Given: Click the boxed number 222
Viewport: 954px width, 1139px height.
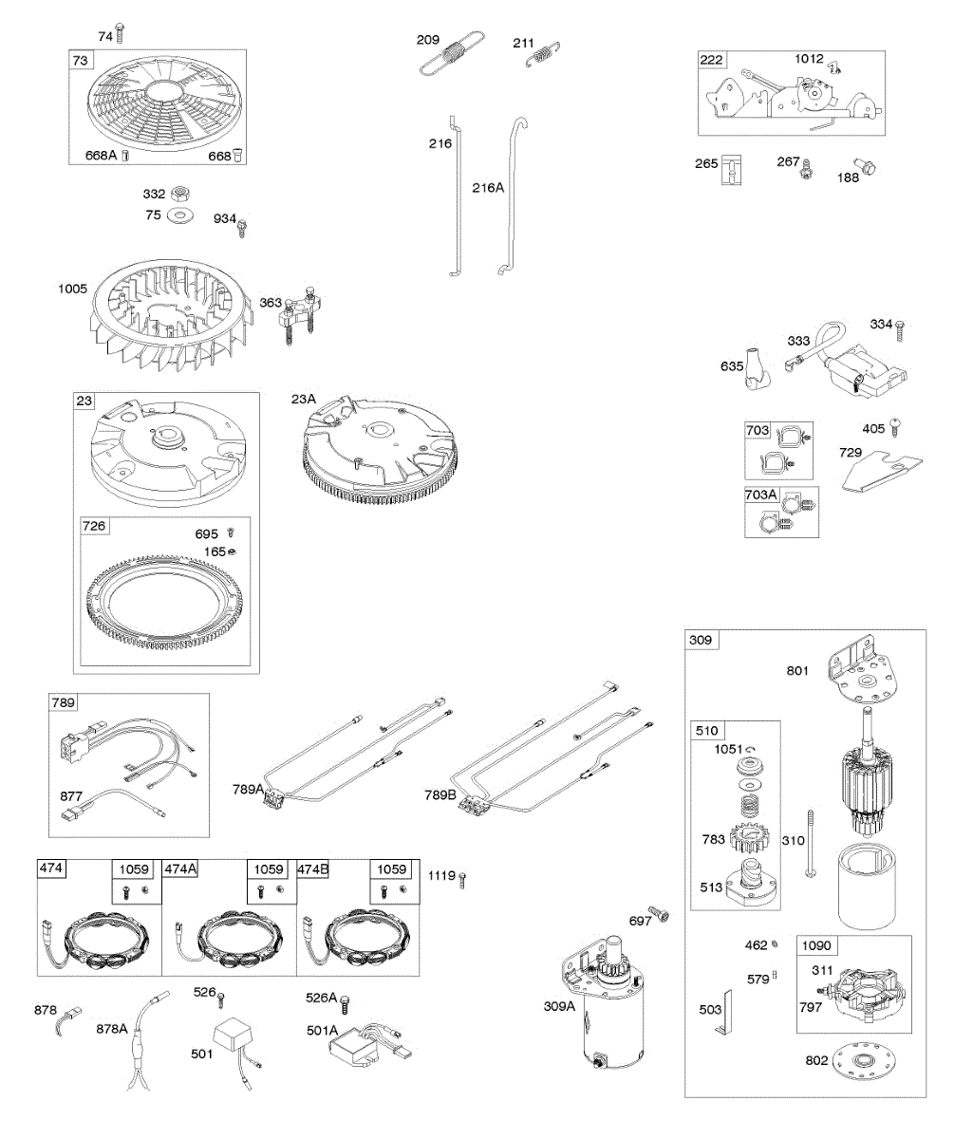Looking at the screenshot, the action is tap(711, 60).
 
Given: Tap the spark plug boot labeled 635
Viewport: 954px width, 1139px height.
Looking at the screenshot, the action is tap(758, 366).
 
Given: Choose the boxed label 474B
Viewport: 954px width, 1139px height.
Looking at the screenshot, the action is tap(315, 868).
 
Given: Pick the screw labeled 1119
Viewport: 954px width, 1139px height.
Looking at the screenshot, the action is tap(462, 879).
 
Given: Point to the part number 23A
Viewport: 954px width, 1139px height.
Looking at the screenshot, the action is tap(305, 400).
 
